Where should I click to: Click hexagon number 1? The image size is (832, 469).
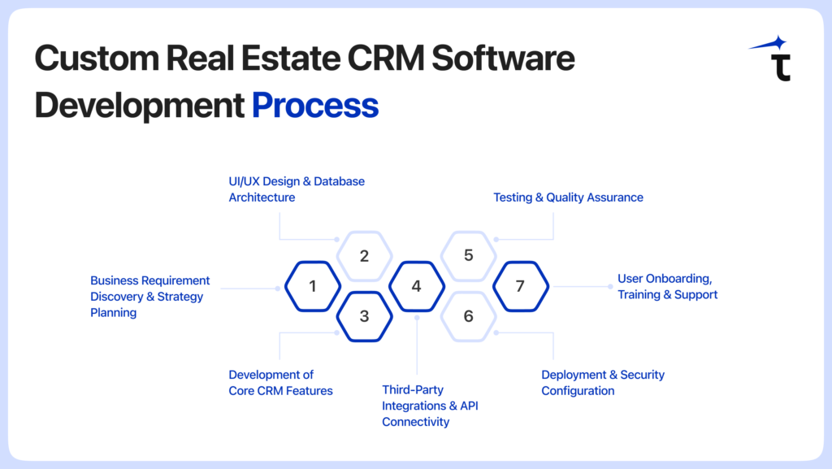click(x=313, y=286)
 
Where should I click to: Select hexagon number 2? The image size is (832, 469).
click(x=364, y=256)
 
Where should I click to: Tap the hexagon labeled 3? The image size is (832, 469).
click(x=364, y=316)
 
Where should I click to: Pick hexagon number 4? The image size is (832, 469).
click(x=416, y=286)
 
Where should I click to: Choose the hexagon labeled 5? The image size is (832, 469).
click(x=468, y=255)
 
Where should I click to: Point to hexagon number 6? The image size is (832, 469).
click(x=468, y=316)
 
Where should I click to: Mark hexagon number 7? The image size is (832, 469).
click(x=521, y=286)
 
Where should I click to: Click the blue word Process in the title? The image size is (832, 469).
click(x=315, y=106)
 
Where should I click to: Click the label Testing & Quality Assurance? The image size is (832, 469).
click(x=568, y=198)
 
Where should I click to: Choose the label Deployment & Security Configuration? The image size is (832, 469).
click(x=602, y=383)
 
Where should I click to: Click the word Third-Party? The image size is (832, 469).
click(x=413, y=390)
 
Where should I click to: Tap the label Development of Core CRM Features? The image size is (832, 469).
click(x=280, y=383)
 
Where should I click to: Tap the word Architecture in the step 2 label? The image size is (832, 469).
click(x=262, y=198)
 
